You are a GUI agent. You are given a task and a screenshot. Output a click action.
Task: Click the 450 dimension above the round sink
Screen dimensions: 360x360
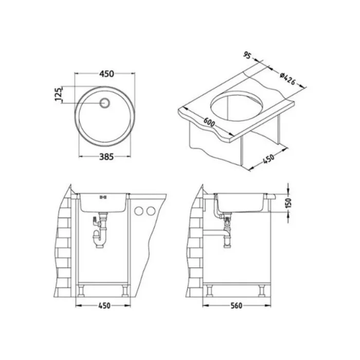point(106,74)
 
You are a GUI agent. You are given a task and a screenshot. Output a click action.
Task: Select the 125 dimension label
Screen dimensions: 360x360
point(59,94)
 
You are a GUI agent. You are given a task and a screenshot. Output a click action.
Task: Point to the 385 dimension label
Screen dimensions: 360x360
point(106,157)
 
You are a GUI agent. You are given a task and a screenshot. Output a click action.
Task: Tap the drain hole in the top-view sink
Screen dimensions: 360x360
point(105,103)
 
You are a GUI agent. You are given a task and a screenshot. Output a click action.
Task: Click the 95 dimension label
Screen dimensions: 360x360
point(247,56)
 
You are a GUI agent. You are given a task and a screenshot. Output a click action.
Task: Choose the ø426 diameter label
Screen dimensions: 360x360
point(287,79)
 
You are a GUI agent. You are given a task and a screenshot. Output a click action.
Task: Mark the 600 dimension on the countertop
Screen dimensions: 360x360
point(209,122)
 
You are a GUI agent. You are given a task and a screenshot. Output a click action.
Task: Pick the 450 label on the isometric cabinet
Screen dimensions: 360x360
point(268,158)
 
